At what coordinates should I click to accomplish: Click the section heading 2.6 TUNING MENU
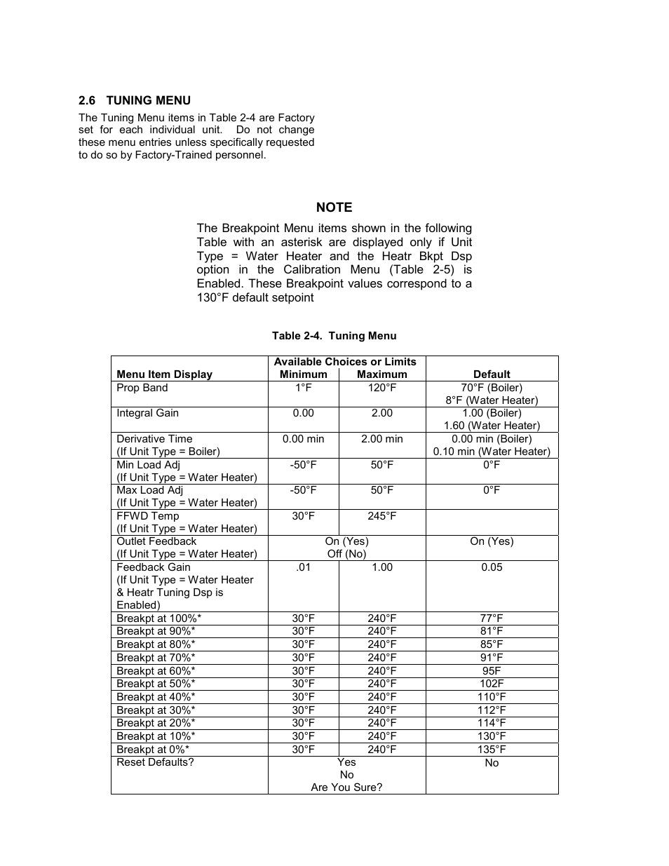pyautogui.click(x=135, y=100)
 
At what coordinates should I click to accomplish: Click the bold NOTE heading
pyautogui.click(x=334, y=208)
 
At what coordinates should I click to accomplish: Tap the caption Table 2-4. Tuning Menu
pyautogui.click(x=334, y=336)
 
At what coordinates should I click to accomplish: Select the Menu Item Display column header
pyautogui.click(x=164, y=374)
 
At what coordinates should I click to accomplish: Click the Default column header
pyautogui.click(x=492, y=374)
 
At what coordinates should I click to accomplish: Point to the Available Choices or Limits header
pyautogui.click(x=345, y=362)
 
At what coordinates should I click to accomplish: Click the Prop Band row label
pyautogui.click(x=142, y=388)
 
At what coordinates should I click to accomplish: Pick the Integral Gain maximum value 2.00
pyautogui.click(x=381, y=413)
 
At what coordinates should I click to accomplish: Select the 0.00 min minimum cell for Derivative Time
pyautogui.click(x=303, y=439)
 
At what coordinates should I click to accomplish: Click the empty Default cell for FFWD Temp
pyautogui.click(x=492, y=522)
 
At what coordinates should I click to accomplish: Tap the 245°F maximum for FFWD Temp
pyautogui.click(x=381, y=516)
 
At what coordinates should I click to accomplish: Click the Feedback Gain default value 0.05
pyautogui.click(x=492, y=567)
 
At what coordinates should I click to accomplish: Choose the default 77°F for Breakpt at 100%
pyautogui.click(x=492, y=618)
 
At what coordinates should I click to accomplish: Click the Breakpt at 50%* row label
pyautogui.click(x=156, y=684)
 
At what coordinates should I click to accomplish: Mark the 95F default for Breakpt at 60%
pyautogui.click(x=492, y=671)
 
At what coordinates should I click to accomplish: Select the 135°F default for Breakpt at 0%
pyautogui.click(x=492, y=750)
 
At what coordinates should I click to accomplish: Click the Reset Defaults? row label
pyautogui.click(x=155, y=762)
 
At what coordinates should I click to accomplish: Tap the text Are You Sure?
pyautogui.click(x=346, y=787)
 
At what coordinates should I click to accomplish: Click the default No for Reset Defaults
pyautogui.click(x=492, y=763)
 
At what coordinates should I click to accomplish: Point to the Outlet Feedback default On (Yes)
pyautogui.click(x=492, y=541)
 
